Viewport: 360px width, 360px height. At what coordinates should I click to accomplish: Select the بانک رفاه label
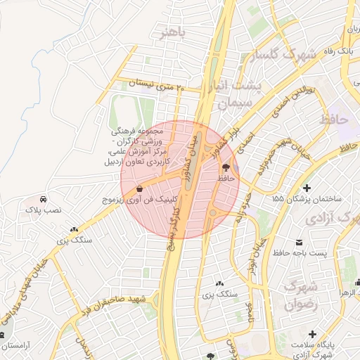[337, 51]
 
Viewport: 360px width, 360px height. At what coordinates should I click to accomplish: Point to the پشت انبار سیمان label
[240, 94]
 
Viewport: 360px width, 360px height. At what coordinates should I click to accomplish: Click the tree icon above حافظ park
[226, 167]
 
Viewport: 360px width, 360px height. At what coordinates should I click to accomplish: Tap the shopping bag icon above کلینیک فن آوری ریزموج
[140, 188]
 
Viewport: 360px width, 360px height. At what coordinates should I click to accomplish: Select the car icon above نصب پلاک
[44, 198]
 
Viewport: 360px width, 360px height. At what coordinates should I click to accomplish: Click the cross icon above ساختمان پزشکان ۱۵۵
[306, 188]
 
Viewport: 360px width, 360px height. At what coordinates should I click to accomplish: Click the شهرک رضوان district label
[302, 296]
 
